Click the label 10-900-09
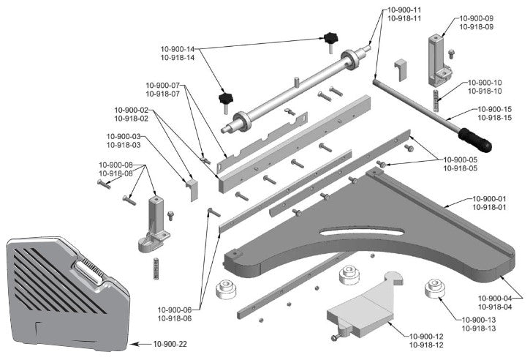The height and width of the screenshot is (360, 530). click(476, 18)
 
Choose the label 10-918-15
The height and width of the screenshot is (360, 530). click(494, 117)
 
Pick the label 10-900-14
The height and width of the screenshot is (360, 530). click(178, 49)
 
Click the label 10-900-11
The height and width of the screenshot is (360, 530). click(404, 10)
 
